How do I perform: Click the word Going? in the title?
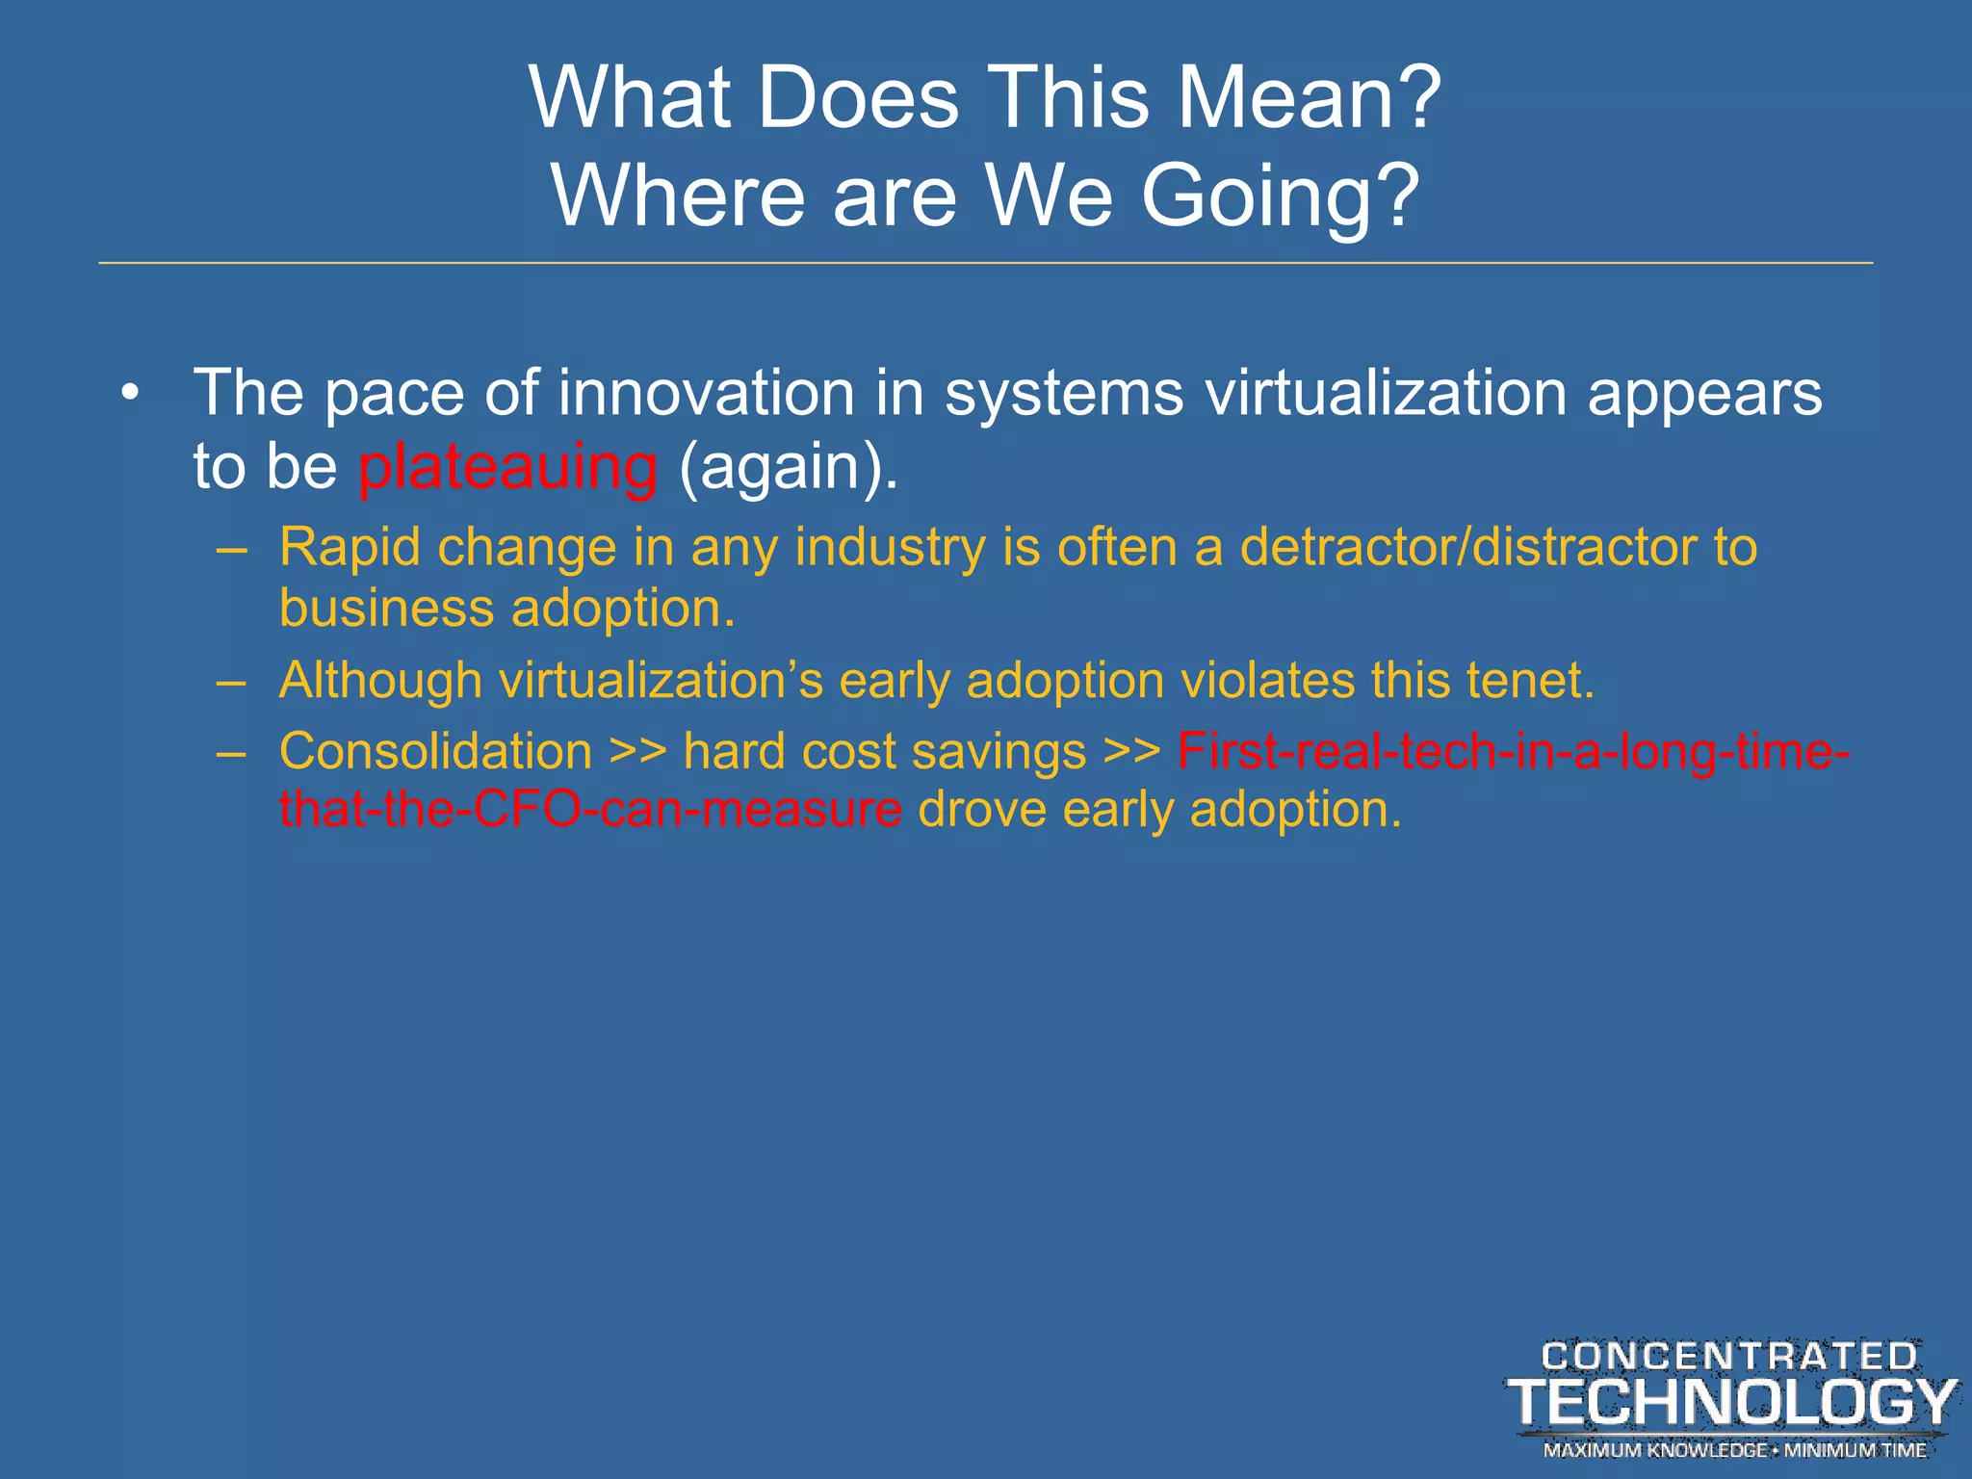coord(1280,196)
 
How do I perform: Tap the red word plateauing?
coord(507,467)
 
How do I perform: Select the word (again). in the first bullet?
coord(788,467)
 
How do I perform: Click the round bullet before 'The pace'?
coord(131,394)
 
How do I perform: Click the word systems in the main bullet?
coord(1063,394)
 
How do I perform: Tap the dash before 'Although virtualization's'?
coord(232,681)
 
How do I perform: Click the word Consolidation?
coord(435,751)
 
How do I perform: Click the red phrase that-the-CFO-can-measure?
coord(590,809)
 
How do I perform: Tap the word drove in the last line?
coord(981,809)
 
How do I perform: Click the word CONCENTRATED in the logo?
coord(1729,1356)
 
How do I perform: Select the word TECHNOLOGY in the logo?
coord(1731,1402)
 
